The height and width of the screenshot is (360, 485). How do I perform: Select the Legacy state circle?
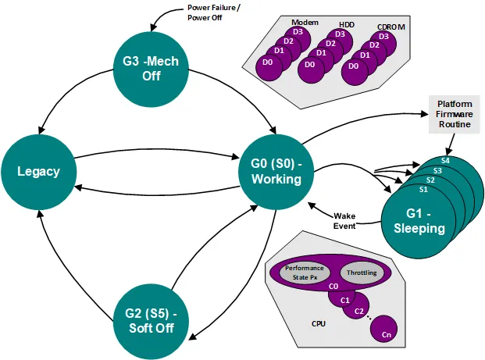coord(39,170)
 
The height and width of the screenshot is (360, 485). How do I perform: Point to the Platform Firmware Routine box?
coord(454,114)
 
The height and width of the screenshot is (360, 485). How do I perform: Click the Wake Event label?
coord(345,220)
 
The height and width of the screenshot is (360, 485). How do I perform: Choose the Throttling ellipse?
coord(361,273)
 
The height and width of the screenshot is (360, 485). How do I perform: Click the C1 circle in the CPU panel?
coord(340,298)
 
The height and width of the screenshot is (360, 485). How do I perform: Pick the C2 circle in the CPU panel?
coord(358,312)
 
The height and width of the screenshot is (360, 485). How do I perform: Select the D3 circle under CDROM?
coord(383,36)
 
